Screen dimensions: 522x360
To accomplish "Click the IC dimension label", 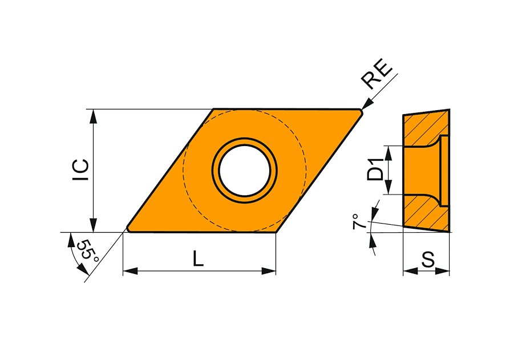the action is click(81, 170).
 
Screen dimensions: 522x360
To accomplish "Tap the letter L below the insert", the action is click(199, 258).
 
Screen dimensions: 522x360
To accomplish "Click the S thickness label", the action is click(428, 260).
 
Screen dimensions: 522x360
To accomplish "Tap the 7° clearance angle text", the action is click(358, 221).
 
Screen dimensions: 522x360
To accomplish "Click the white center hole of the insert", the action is click(245, 170).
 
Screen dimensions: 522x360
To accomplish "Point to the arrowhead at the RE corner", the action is click(367, 104).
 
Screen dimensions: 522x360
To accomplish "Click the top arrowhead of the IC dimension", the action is click(94, 116).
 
